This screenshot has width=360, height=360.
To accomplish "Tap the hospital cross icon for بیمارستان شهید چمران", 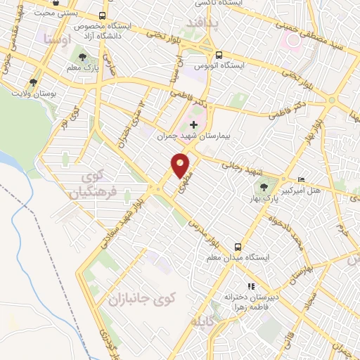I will (193, 124).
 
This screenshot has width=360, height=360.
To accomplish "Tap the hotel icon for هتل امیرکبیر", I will (302, 180).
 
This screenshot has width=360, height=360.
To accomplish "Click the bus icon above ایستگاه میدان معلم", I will (238, 247).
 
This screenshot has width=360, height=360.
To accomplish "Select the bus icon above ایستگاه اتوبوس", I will (219, 54).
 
